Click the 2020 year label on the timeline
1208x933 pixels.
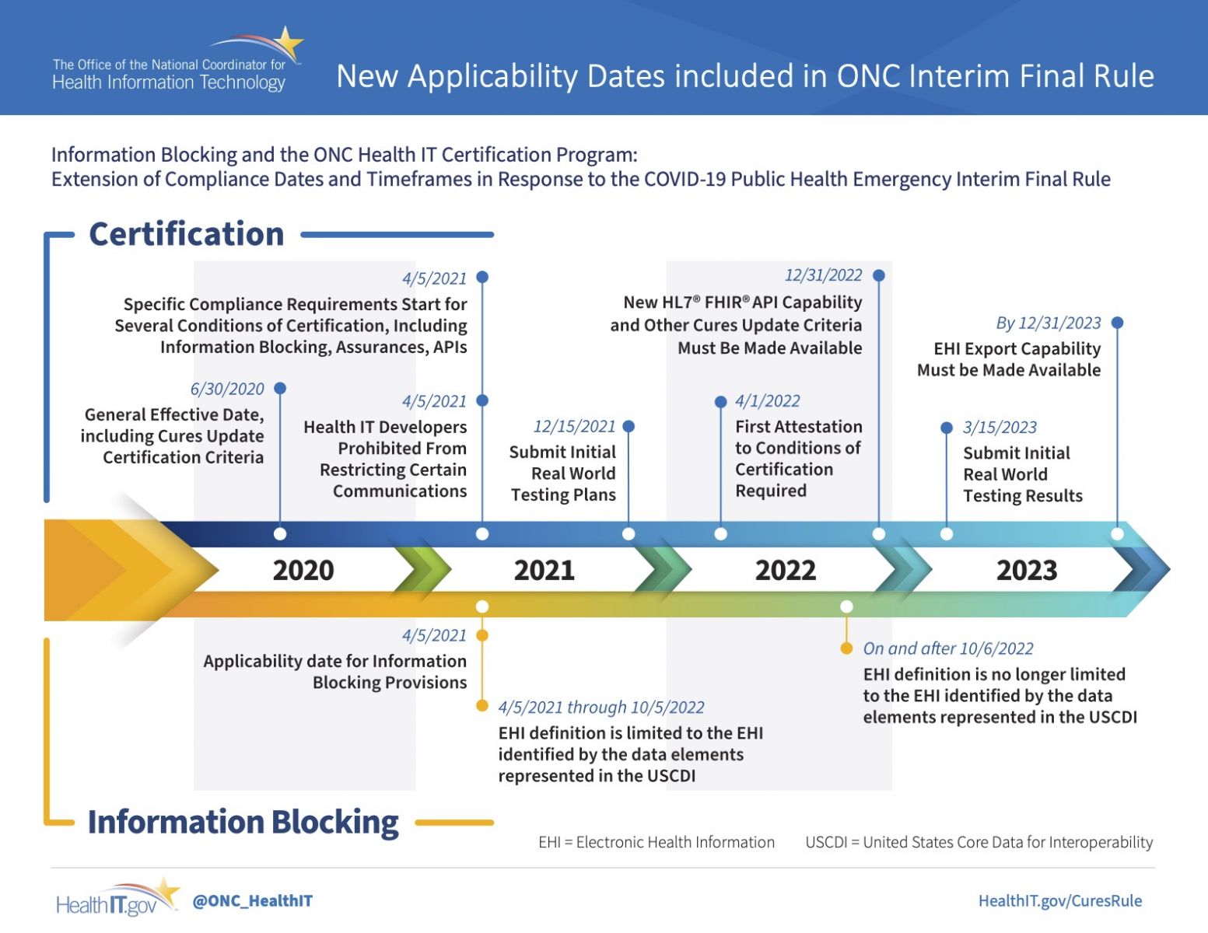pos(303,570)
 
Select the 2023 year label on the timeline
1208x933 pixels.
pos(1026,570)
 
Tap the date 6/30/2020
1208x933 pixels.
pos(227,389)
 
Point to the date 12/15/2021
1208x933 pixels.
pos(574,426)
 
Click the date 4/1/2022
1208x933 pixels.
pos(767,400)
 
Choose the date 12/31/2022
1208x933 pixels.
pos(823,275)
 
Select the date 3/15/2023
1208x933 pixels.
pos(1000,428)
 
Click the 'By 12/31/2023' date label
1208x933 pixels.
pos(1048,323)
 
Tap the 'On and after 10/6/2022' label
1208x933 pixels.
pos(948,648)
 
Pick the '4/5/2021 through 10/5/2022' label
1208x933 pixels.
pos(601,708)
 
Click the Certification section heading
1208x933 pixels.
pos(186,234)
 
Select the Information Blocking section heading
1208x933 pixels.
pos(243,822)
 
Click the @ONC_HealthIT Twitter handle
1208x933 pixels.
pos(252,901)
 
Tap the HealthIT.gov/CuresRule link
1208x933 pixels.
pos(1060,901)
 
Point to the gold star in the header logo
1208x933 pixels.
pos(289,43)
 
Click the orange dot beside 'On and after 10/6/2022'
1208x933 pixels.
pos(846,648)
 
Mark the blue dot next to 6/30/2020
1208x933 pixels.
pos(280,388)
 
